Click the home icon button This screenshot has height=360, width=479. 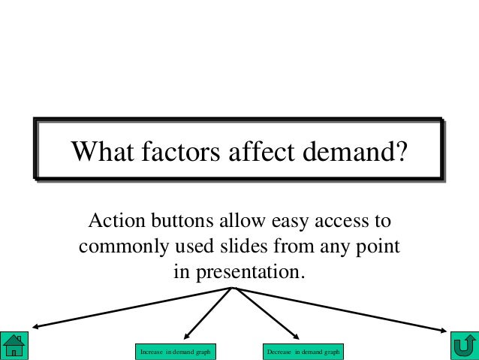point(14,344)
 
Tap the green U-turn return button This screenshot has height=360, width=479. point(463,344)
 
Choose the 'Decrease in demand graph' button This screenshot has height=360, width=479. point(303,351)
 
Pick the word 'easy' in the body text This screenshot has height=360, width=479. point(282,223)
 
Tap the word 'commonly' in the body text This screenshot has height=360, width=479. point(121,247)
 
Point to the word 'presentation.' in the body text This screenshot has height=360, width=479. point(252,271)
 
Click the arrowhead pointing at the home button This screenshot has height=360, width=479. point(35,326)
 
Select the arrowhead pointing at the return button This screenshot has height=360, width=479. point(443,328)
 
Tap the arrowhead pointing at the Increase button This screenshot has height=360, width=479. point(187,335)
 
